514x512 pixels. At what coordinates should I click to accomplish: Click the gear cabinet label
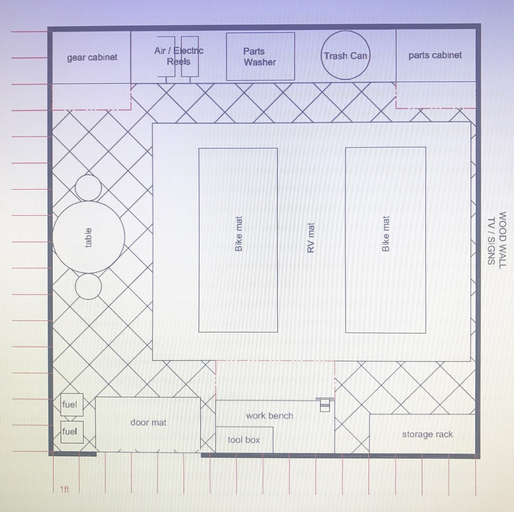click(x=92, y=57)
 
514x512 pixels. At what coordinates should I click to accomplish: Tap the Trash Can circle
click(x=345, y=55)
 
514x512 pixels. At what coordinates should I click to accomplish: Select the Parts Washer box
click(x=260, y=57)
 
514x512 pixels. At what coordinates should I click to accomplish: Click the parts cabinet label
click(x=435, y=55)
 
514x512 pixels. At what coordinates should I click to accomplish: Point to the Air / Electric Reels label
click(x=179, y=56)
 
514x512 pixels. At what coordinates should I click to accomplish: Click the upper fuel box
click(x=69, y=404)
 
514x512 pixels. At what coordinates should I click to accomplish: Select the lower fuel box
click(x=69, y=431)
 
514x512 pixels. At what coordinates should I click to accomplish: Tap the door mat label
click(x=148, y=422)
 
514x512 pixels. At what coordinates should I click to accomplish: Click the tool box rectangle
click(x=244, y=440)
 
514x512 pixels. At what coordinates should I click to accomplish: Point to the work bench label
click(x=269, y=416)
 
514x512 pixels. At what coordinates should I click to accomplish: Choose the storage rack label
click(x=427, y=434)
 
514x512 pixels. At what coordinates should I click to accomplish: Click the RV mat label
click(x=311, y=237)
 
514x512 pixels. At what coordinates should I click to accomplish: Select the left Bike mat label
click(x=239, y=234)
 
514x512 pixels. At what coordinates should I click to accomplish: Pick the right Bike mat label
click(x=385, y=234)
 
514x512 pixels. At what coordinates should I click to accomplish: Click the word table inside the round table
click(x=88, y=237)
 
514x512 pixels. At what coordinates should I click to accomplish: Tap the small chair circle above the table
click(x=88, y=188)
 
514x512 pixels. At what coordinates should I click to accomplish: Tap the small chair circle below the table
click(x=88, y=286)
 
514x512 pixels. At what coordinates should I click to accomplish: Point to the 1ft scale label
click(x=64, y=489)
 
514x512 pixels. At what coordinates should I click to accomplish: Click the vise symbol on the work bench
click(x=325, y=404)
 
